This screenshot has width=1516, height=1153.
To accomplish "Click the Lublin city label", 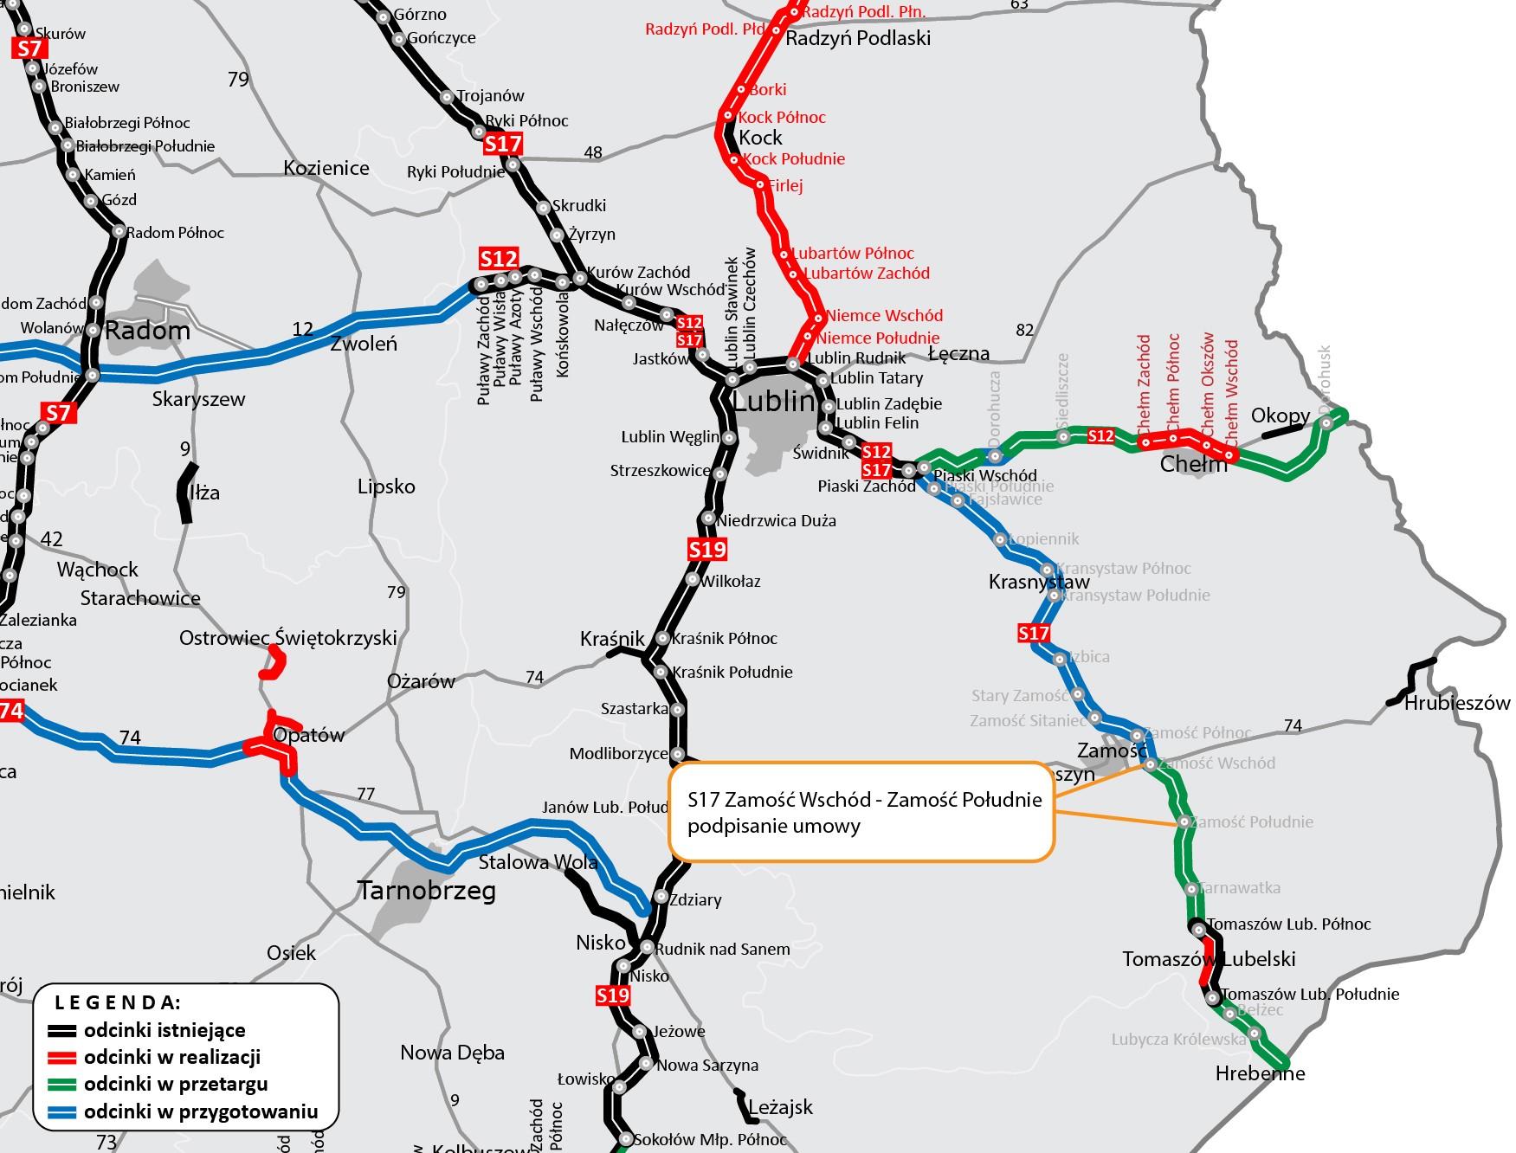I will point(775,401).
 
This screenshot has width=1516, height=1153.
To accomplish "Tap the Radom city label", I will point(147,331).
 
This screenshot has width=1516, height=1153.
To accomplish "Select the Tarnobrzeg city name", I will point(427,891).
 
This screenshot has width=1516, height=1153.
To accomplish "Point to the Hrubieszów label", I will point(1457,703).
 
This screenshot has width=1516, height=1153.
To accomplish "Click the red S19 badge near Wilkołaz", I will point(707,549).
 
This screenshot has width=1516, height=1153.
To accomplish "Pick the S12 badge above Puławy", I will point(499,258).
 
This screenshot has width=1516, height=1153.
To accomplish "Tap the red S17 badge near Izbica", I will point(1033,633).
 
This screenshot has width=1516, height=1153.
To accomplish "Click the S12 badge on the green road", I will point(1100,435).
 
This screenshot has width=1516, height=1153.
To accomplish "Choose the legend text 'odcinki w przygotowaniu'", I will point(201,1111).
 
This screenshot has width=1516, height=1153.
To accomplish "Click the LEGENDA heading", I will point(118,1002).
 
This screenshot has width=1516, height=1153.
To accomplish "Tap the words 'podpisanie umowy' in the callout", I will point(774,826).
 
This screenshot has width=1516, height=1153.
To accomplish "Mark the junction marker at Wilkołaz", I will point(693,579).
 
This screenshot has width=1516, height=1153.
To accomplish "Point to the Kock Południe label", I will point(794,159).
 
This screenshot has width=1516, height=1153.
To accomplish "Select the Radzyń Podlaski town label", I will point(858,38).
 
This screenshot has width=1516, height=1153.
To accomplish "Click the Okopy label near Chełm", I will point(1281,415).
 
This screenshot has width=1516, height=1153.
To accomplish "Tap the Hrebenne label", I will point(1260,1073).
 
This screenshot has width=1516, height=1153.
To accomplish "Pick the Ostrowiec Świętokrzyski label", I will point(287,638).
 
